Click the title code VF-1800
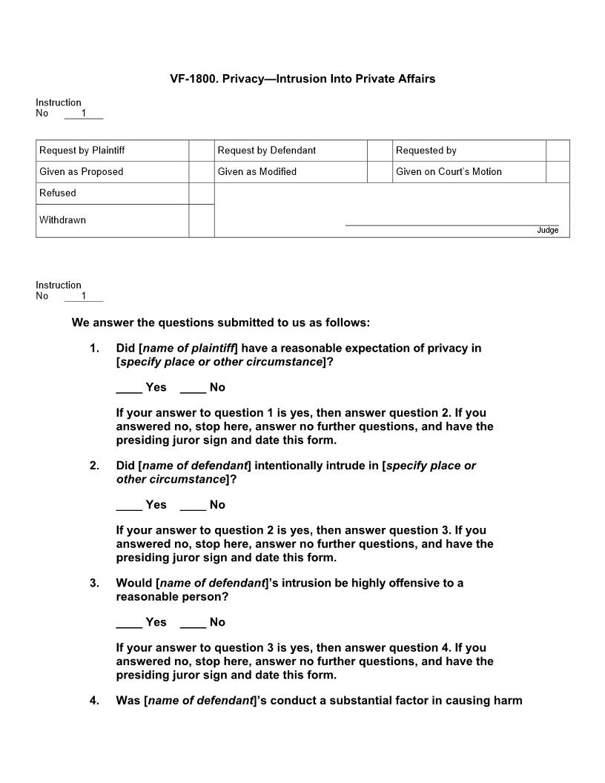coord(194,79)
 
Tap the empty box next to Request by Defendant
coord(379,151)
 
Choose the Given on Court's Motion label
coord(449,172)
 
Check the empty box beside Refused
coord(201,194)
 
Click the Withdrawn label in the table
coord(63,220)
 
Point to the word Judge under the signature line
coord(547,231)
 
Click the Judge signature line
coord(452,224)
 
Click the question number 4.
coord(94,701)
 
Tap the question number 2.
coord(94,466)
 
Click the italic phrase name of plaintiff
coord(188,348)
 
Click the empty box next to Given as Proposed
coord(201,172)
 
